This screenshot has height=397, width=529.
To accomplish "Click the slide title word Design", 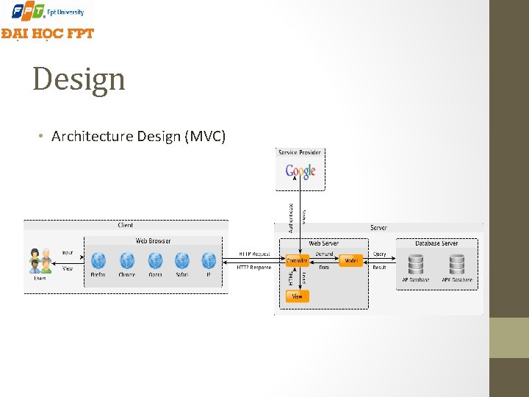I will click(x=79, y=79).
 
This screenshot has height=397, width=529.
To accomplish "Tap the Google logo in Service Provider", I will click(x=301, y=172).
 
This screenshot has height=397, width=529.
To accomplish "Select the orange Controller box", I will click(x=297, y=261).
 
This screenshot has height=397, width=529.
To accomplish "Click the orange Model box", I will click(x=351, y=261).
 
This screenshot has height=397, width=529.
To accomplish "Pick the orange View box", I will click(x=297, y=296).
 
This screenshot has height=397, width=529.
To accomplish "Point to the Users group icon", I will click(x=40, y=261).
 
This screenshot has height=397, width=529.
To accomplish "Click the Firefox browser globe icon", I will click(x=98, y=260).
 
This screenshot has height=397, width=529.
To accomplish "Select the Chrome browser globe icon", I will click(x=126, y=260).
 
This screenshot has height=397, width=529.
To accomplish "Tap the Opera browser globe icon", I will click(x=154, y=260).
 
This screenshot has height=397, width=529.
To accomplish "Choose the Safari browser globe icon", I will click(x=181, y=260).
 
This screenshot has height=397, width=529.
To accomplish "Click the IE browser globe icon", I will click(x=209, y=260).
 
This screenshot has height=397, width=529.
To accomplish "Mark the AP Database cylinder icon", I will click(x=416, y=263).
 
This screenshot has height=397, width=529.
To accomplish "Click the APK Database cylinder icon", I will click(x=457, y=263).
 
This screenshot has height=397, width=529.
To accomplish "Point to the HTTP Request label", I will click(x=254, y=254).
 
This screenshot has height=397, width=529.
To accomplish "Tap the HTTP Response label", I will click(x=254, y=268).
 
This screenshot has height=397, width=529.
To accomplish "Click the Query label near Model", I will click(x=379, y=254).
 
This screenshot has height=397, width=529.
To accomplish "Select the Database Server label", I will click(x=436, y=243).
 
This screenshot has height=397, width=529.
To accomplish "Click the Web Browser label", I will click(x=153, y=241).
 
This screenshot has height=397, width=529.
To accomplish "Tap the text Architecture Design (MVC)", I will click(x=139, y=136).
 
